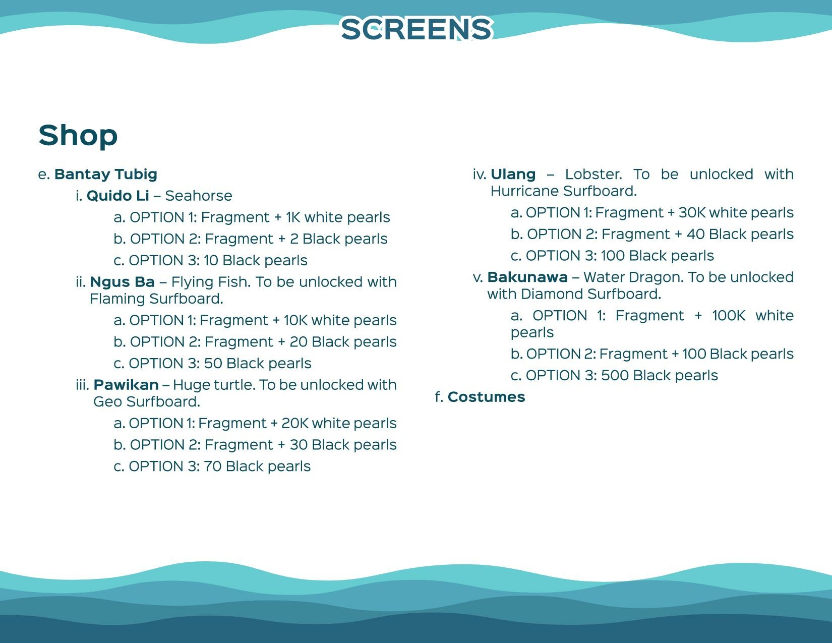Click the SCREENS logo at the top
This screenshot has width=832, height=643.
417,29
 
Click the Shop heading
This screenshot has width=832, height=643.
78,135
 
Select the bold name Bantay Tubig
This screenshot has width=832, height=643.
106,174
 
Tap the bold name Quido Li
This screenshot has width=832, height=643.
118,196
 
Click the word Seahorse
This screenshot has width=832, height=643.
199,196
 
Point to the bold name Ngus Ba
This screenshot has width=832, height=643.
122,282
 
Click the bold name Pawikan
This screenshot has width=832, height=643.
126,385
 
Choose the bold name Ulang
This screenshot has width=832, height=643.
513,174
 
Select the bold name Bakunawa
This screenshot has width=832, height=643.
527,277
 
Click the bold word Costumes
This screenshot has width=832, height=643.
486,397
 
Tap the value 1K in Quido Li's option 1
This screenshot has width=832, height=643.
293,217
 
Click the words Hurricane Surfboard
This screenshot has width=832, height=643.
563,192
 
